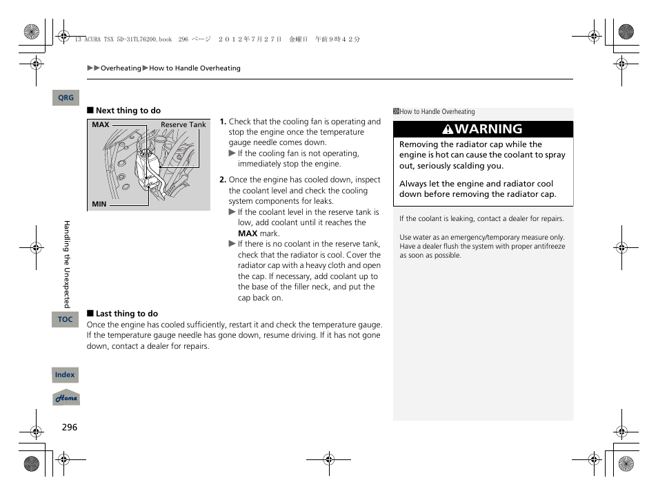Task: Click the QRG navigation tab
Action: click(x=66, y=98)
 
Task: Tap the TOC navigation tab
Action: click(x=65, y=319)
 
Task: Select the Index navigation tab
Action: click(x=65, y=375)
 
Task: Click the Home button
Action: click(x=66, y=399)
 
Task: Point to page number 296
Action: click(x=70, y=428)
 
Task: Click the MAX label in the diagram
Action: click(x=101, y=125)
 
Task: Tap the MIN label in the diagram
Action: click(x=99, y=204)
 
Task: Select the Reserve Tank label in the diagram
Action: click(x=183, y=125)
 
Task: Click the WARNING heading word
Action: click(x=488, y=129)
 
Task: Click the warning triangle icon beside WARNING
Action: click(x=448, y=129)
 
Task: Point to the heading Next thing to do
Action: click(x=128, y=111)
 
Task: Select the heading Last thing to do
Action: click(x=126, y=314)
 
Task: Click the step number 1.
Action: click(x=223, y=122)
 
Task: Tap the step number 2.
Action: click(x=223, y=180)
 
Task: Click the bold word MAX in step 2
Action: click(x=248, y=233)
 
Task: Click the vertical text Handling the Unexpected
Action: click(x=67, y=264)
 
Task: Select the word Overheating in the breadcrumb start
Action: click(x=121, y=68)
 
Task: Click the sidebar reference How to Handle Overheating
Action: click(x=437, y=112)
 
